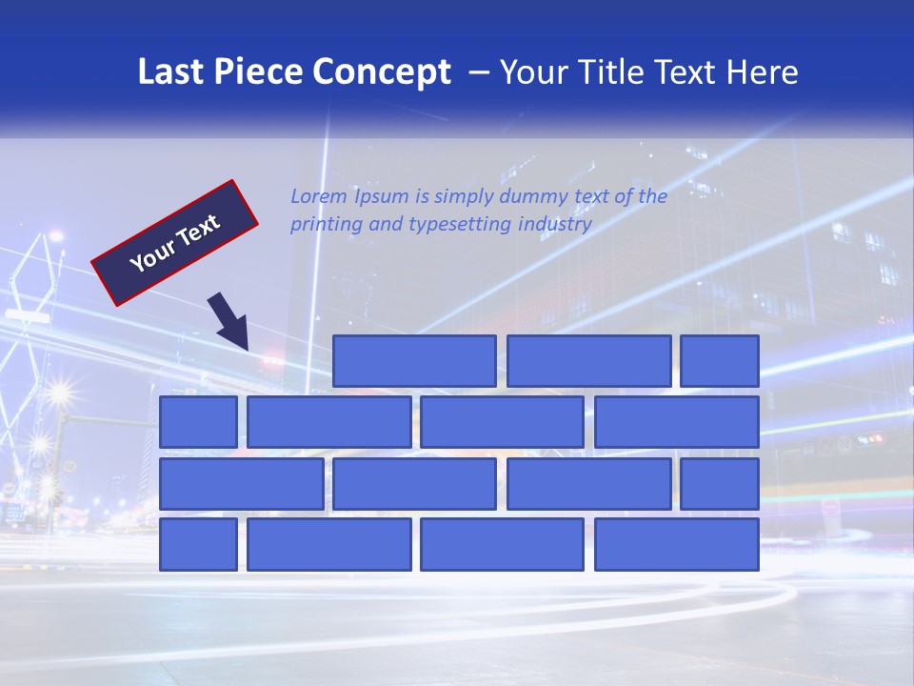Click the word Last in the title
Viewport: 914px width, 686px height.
171,71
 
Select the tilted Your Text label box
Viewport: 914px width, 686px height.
175,243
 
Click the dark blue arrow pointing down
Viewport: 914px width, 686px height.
230,321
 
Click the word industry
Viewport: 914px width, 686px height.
555,225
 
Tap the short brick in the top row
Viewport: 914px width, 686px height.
720,361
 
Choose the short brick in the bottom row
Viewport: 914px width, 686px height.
198,545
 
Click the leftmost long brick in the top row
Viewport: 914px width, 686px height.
414,361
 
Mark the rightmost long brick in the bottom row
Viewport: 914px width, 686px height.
677,545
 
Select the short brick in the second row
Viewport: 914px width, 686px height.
198,422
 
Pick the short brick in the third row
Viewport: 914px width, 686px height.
720,484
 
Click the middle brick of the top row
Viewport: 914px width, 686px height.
588,361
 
